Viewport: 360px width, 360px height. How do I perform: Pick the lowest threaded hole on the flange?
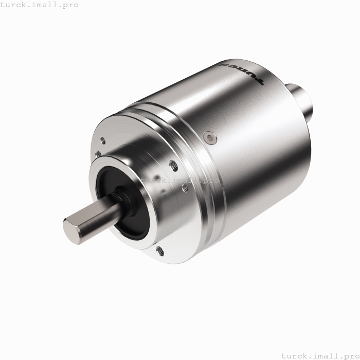[160, 251]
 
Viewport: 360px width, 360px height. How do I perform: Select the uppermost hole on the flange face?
[103, 139]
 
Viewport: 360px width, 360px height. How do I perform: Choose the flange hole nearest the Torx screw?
[173, 165]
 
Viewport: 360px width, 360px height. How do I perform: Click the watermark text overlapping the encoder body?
[180, 181]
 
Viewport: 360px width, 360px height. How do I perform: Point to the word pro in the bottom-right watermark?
[350, 355]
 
